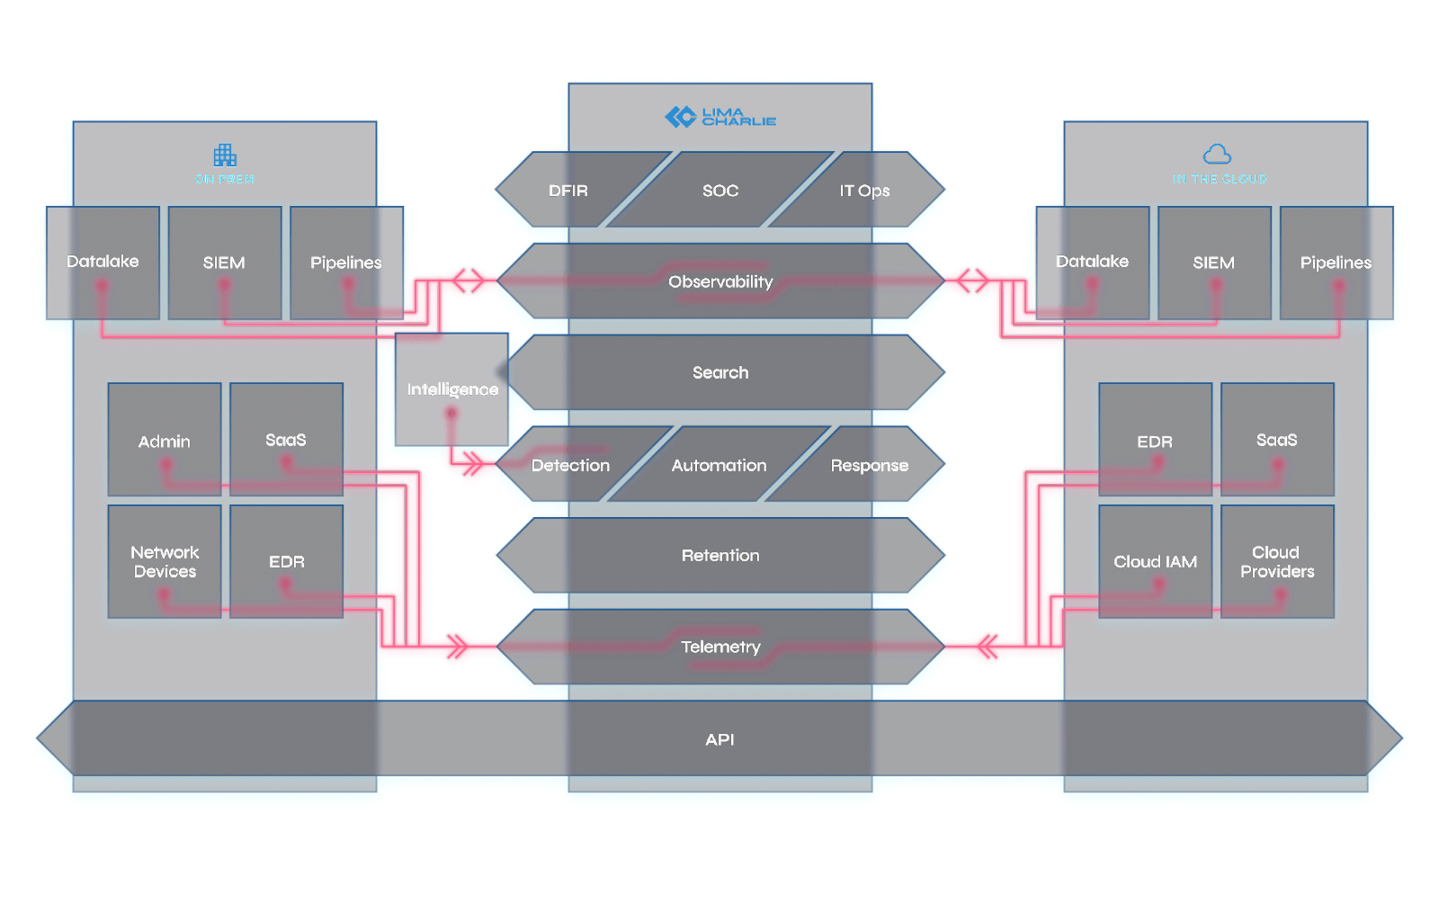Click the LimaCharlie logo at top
coord(720,117)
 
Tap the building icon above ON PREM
coord(225,155)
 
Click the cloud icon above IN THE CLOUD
coord(1217,154)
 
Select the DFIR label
coord(568,191)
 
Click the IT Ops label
coord(864,191)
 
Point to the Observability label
coord(720,281)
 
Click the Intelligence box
coord(452,389)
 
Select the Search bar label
coord(720,372)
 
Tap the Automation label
coord(719,465)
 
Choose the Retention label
coord(720,556)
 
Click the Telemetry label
coord(720,647)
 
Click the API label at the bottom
coord(719,739)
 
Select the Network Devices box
coord(165,562)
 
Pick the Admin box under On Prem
coord(165,441)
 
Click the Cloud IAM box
coord(1155,562)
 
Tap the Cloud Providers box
coord(1277,562)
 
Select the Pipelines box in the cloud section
coord(1336,263)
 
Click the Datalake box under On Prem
coord(103,262)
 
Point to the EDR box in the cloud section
coord(1155,441)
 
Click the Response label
coord(869,465)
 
